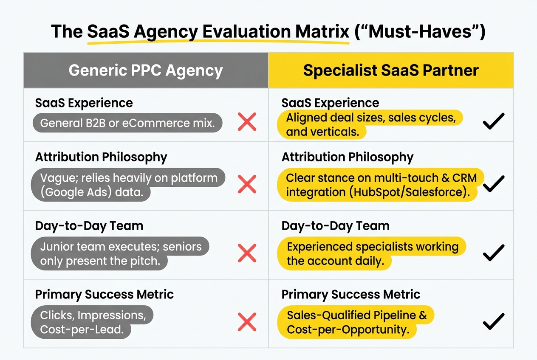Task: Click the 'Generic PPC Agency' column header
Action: (146, 70)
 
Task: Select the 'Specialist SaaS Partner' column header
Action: (391, 70)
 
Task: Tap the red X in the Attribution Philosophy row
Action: (247, 185)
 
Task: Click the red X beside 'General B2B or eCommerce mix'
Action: (247, 122)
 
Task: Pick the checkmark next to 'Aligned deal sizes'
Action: (494, 121)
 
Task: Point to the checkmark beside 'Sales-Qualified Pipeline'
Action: (494, 321)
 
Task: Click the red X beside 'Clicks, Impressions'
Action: (247, 321)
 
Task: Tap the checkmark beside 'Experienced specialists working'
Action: (494, 253)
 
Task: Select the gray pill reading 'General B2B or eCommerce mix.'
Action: (127, 123)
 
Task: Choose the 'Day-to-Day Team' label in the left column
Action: (89, 226)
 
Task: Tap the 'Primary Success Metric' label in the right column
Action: (351, 295)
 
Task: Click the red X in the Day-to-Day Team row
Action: (247, 253)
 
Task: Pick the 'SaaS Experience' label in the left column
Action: (84, 103)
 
